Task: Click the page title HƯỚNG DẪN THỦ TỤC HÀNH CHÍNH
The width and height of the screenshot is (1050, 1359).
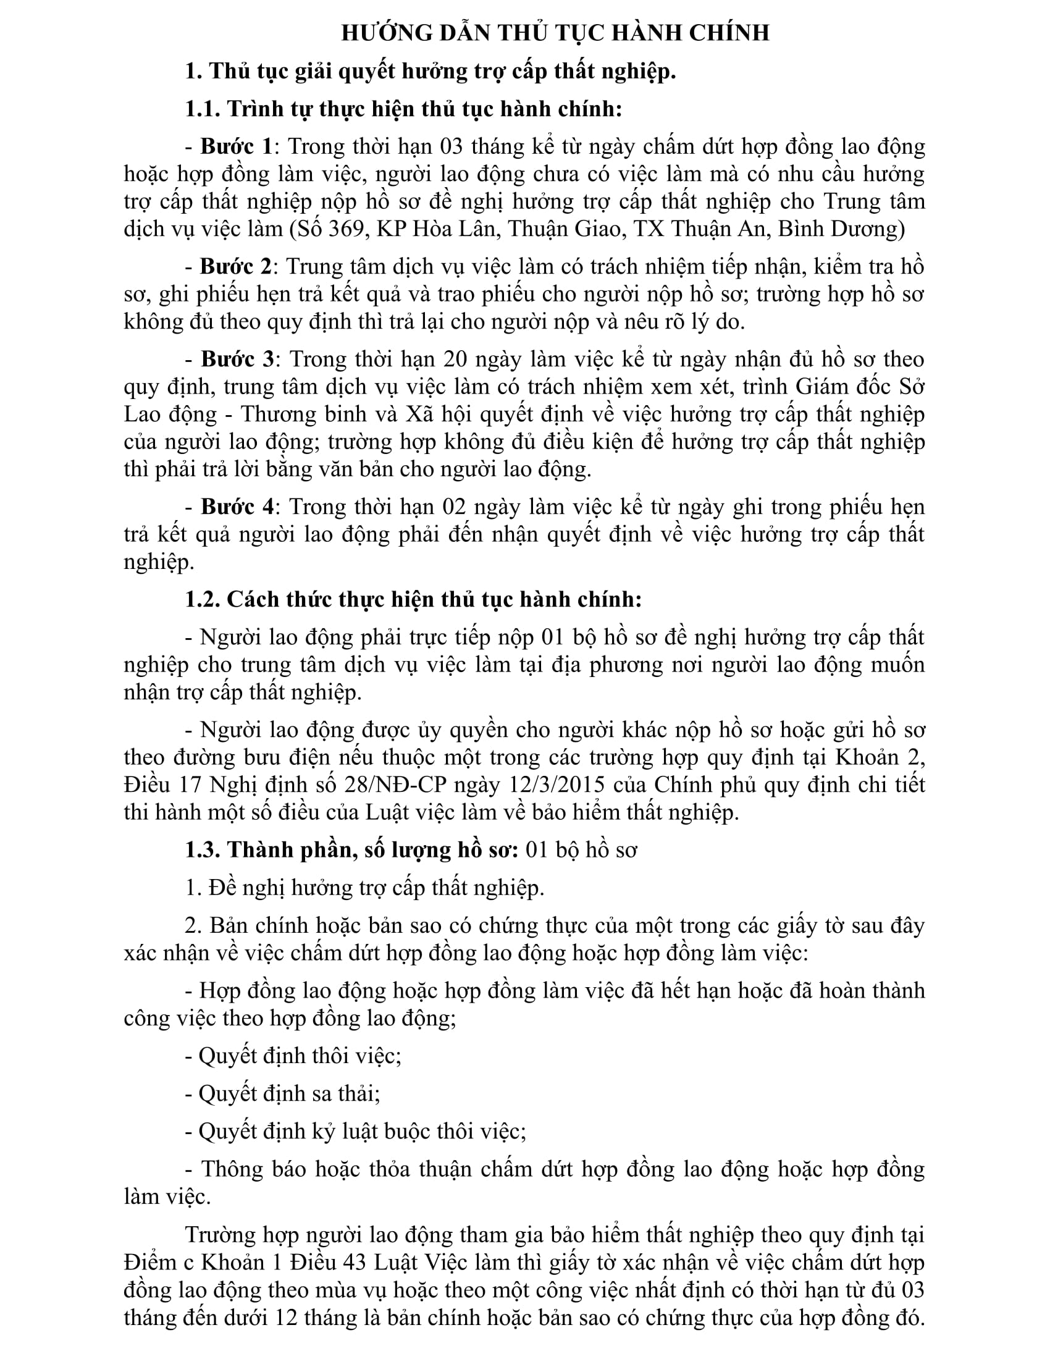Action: click(x=555, y=33)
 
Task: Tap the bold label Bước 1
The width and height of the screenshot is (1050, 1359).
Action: click(x=236, y=146)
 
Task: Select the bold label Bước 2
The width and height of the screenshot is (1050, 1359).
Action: click(x=236, y=266)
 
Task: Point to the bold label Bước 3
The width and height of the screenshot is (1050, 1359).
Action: click(x=237, y=359)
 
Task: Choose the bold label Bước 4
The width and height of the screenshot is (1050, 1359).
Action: click(x=237, y=507)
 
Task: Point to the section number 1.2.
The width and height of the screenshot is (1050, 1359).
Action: click(x=202, y=599)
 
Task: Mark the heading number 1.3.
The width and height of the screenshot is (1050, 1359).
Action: click(x=202, y=850)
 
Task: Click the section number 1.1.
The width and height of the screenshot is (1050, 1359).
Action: click(x=202, y=109)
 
